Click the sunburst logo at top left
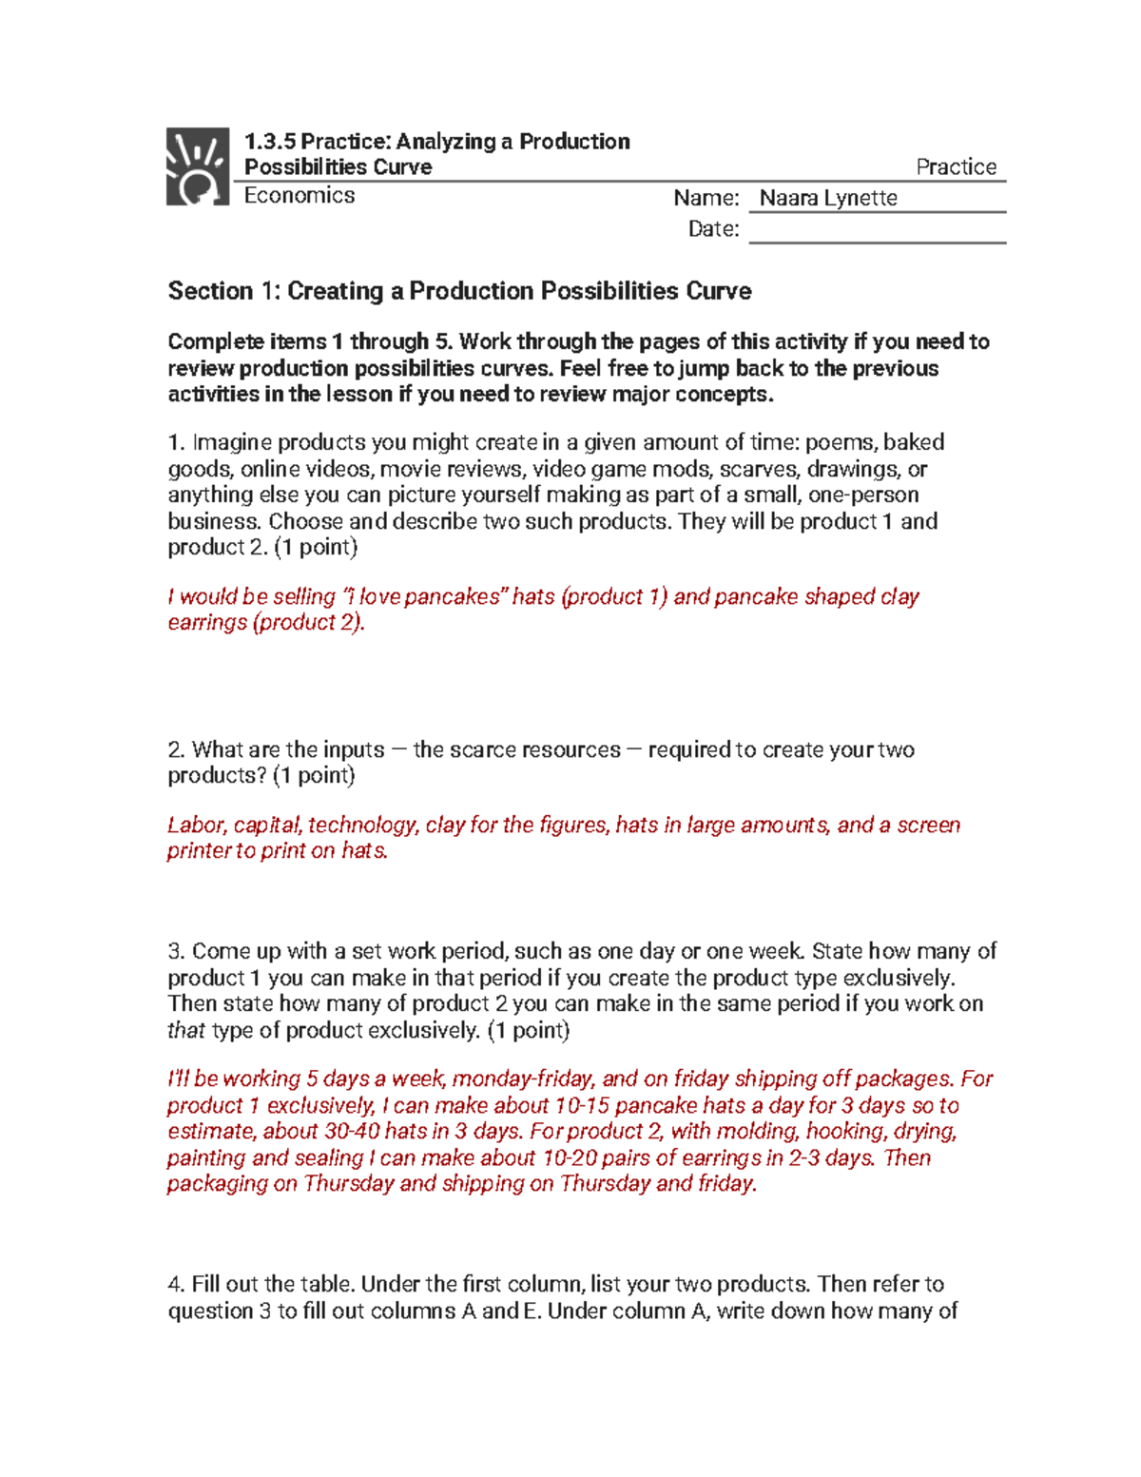[198, 166]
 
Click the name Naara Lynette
[828, 198]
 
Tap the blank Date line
[877, 230]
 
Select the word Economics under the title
[300, 196]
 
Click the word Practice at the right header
[956, 167]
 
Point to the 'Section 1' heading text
[459, 291]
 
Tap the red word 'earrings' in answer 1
[207, 623]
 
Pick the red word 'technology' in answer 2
[362, 826]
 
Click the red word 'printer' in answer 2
[199, 851]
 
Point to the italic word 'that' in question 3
[186, 1031]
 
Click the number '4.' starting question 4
[176, 1285]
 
